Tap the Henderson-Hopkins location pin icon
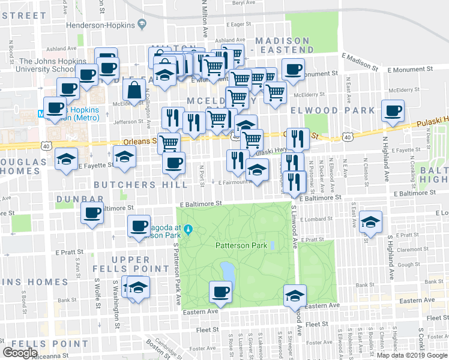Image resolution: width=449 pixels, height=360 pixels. (142, 24)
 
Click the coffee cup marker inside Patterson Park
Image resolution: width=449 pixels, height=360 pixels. (219, 293)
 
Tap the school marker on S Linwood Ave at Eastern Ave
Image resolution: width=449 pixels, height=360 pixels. (295, 295)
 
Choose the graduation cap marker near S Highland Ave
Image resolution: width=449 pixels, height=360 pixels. (371, 223)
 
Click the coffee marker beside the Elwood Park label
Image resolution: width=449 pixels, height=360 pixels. (393, 111)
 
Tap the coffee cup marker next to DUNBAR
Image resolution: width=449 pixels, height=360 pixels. (92, 214)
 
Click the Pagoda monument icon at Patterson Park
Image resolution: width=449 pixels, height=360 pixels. (188, 229)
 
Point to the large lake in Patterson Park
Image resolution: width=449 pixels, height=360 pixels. (228, 271)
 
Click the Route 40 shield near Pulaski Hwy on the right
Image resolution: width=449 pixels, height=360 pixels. (348, 137)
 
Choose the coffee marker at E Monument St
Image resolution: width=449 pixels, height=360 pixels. (293, 69)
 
